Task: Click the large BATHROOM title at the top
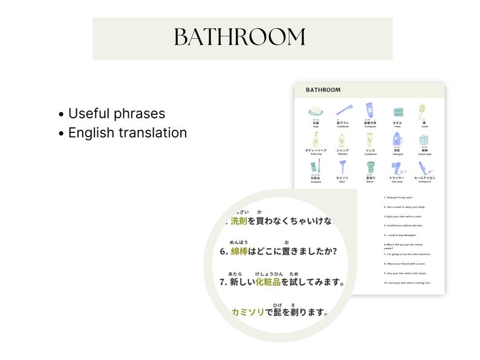pyautogui.click(x=240, y=37)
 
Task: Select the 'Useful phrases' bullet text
pyautogui.click(x=116, y=114)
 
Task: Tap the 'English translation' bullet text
pyautogui.click(x=127, y=133)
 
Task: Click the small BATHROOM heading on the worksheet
pyautogui.click(x=323, y=90)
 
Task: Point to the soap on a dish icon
pyautogui.click(x=316, y=112)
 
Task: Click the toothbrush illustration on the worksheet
pyautogui.click(x=343, y=111)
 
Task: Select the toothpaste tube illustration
pyautogui.click(x=369, y=111)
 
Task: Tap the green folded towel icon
pyautogui.click(x=397, y=112)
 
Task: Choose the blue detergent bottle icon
pyautogui.click(x=397, y=140)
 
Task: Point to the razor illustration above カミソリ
pyautogui.click(x=342, y=167)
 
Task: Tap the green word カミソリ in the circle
pyautogui.click(x=248, y=312)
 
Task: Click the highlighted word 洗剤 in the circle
pyautogui.click(x=239, y=221)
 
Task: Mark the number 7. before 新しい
pyautogui.click(x=224, y=282)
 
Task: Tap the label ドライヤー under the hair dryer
pyautogui.click(x=397, y=178)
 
